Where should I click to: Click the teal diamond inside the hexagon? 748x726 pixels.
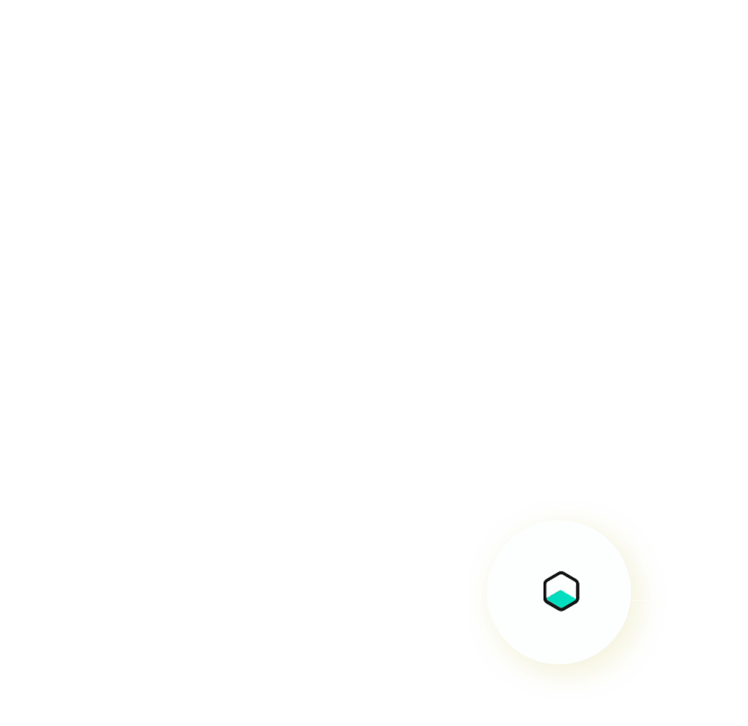point(561,599)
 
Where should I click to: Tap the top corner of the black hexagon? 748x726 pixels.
point(561,573)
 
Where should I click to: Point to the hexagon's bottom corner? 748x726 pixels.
point(561,610)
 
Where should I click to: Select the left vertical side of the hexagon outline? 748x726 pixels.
point(545,592)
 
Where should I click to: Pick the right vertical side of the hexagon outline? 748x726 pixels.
point(578,592)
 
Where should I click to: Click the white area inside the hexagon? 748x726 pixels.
point(561,583)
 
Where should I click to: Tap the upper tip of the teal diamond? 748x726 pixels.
point(561,590)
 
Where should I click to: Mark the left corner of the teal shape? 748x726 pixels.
point(548,599)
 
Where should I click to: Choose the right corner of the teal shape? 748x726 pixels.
point(575,599)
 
